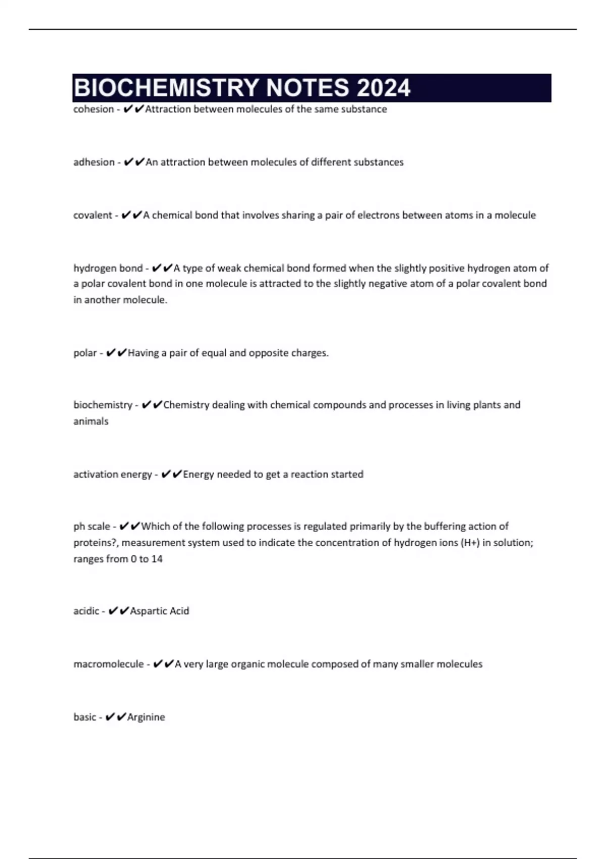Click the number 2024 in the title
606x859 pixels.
click(383, 88)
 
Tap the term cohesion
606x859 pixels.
click(93, 109)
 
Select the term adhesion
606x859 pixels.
click(94, 162)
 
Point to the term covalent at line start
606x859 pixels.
click(93, 215)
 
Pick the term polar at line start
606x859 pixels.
click(85, 353)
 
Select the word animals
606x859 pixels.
click(91, 421)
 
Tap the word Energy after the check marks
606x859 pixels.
click(198, 474)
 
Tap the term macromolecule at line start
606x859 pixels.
click(109, 664)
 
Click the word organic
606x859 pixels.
click(247, 664)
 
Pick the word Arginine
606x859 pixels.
click(146, 717)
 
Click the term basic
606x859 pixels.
click(85, 717)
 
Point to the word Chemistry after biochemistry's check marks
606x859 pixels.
click(186, 405)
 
